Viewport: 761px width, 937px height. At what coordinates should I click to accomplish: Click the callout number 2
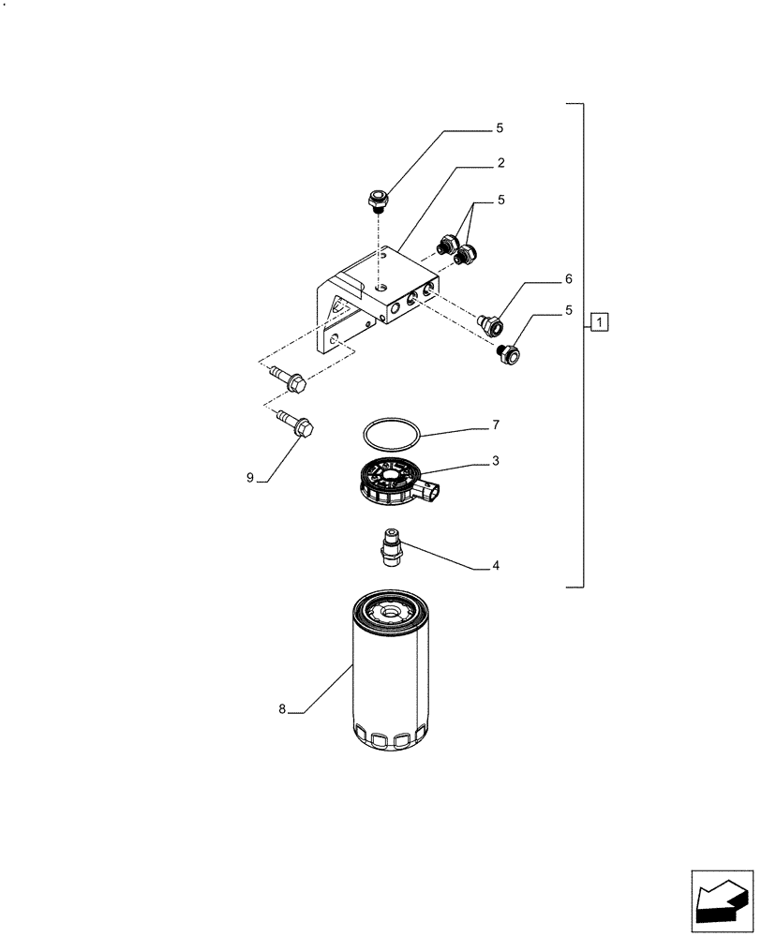pyautogui.click(x=501, y=162)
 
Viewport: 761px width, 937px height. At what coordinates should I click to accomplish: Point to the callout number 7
pyautogui.click(x=496, y=425)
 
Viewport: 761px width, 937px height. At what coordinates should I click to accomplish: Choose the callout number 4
pyautogui.click(x=496, y=565)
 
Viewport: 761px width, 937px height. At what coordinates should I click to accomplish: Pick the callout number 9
pyautogui.click(x=250, y=478)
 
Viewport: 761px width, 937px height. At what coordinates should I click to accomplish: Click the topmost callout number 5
pyautogui.click(x=500, y=126)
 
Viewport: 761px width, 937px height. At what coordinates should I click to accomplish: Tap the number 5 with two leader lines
pyautogui.click(x=500, y=200)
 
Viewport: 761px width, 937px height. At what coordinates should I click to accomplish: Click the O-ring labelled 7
pyautogui.click(x=392, y=433)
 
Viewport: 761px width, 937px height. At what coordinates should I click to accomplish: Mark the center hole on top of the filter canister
pyautogui.click(x=391, y=614)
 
